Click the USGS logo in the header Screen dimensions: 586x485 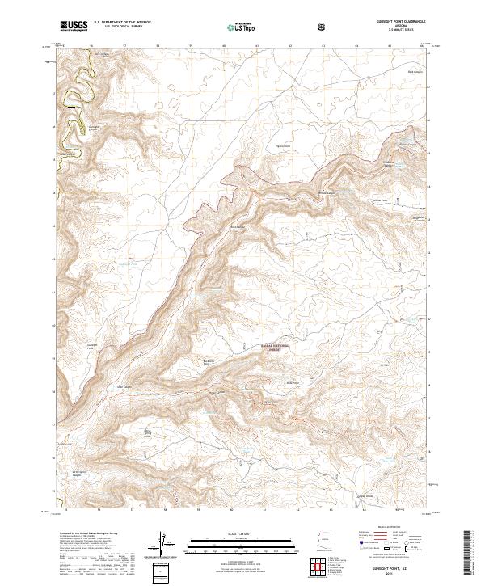tap(74, 27)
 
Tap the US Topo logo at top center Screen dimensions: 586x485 tap(240, 27)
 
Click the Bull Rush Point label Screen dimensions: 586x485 tap(208, 362)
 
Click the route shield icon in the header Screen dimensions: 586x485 tap(323, 27)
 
